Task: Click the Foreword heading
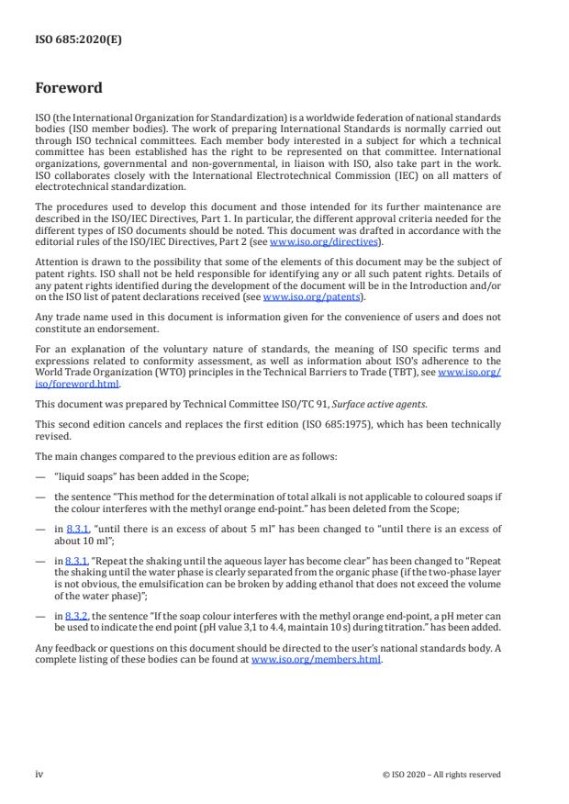coord(69,89)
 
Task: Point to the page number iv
coord(39,774)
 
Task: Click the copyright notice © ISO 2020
coord(441,775)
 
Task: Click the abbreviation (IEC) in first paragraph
coord(397,175)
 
